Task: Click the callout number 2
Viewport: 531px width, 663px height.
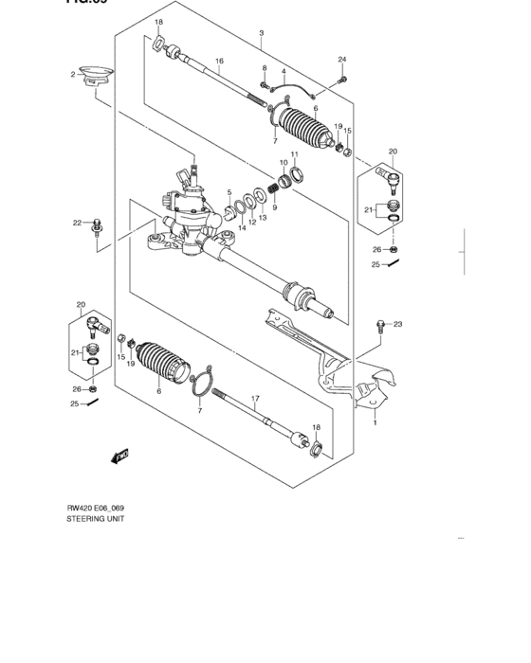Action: click(71, 74)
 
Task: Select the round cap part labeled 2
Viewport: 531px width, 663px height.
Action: click(96, 76)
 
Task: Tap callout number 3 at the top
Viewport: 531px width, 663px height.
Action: click(261, 33)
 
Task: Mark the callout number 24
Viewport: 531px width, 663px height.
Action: click(342, 60)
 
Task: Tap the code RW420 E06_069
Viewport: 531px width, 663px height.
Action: click(96, 507)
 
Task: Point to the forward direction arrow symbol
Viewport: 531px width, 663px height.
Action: click(119, 457)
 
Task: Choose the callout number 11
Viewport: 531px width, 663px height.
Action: click(295, 154)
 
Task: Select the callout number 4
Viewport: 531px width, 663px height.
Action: click(283, 71)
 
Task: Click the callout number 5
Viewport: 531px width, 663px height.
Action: click(229, 192)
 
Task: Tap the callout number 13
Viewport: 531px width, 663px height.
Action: click(263, 218)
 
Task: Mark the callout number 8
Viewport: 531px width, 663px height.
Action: click(265, 69)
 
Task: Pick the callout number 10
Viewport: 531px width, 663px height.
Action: click(283, 163)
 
